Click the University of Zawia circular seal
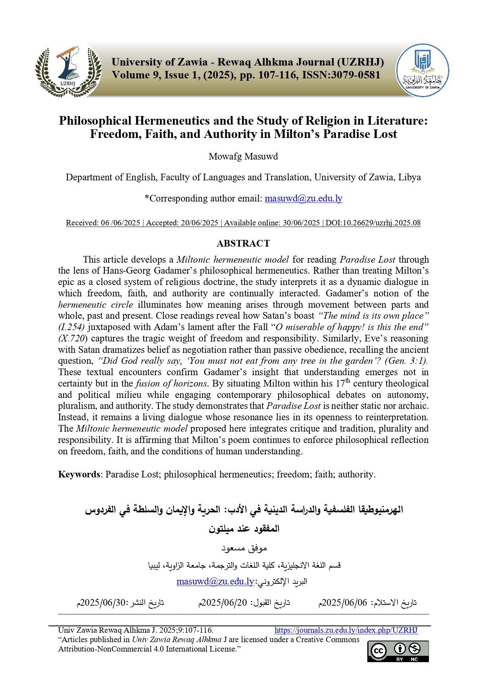tap(423, 70)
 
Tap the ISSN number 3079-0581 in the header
tap(356, 75)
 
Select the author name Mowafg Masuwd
tap(243, 156)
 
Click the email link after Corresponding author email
tap(303, 198)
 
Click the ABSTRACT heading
tap(243, 243)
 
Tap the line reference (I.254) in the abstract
tap(71, 327)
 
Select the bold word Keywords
tap(79, 474)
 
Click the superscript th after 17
tap(348, 381)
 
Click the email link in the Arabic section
tap(215, 581)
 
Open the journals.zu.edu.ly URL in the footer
tap(346, 630)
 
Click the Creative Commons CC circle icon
tap(378, 651)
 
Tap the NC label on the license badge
tap(414, 659)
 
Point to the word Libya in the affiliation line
tap(409, 177)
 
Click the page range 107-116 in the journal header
tap(277, 75)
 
